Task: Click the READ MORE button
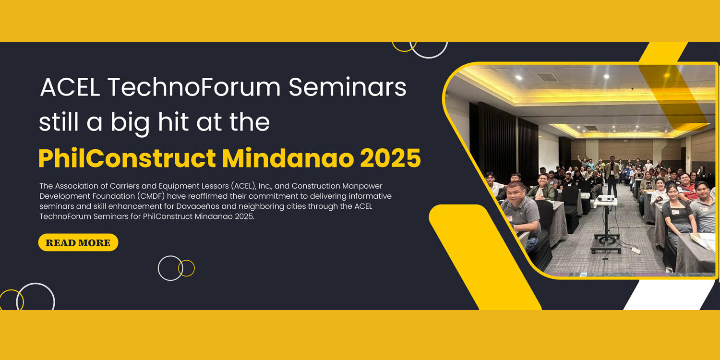(x=78, y=242)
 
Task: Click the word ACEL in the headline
(x=70, y=87)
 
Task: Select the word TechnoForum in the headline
(x=194, y=87)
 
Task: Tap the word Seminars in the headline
(x=348, y=87)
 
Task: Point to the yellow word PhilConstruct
(x=127, y=158)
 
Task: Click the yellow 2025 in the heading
(x=390, y=158)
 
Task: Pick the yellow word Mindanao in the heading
(x=288, y=158)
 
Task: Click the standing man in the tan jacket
(x=612, y=175)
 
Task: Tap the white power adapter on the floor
(x=636, y=250)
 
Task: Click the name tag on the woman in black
(x=675, y=212)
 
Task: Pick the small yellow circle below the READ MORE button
(x=186, y=268)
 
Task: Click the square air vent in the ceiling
(x=547, y=77)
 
